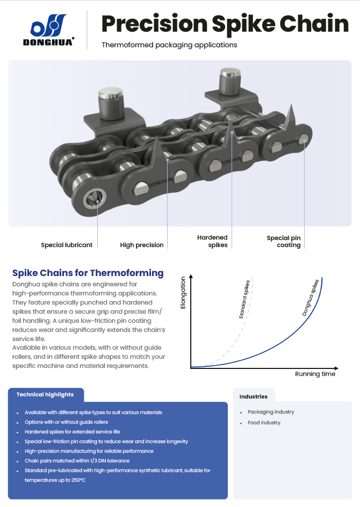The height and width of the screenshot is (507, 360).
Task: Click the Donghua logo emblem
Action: [48, 25]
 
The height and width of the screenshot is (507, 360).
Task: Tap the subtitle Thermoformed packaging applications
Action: [169, 45]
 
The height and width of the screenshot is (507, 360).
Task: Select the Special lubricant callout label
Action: [67, 245]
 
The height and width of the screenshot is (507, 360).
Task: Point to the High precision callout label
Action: [142, 245]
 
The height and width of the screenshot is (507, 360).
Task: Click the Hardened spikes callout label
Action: [212, 241]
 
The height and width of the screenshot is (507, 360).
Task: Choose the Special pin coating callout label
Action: [284, 242]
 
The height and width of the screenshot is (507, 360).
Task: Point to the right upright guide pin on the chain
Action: [230, 81]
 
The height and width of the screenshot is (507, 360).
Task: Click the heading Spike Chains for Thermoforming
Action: [88, 273]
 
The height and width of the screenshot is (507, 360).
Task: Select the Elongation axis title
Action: [183, 293]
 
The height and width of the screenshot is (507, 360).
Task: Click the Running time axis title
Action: [315, 374]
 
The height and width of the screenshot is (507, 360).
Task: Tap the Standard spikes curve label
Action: [244, 299]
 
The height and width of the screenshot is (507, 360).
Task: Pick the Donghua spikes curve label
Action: [310, 298]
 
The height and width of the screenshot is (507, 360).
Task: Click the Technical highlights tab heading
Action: [45, 394]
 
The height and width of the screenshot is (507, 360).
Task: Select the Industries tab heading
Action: [254, 397]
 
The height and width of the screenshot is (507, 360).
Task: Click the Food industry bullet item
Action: [264, 423]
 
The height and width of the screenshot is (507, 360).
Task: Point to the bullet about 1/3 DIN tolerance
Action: [77, 461]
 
